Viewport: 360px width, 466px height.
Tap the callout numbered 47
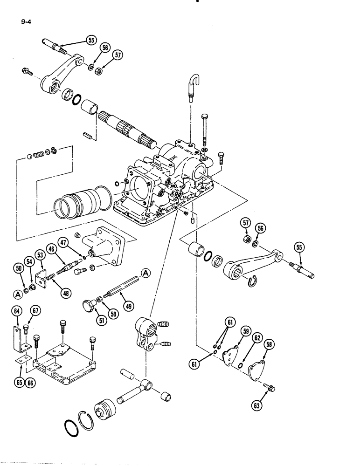point(64,242)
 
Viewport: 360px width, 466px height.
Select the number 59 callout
point(248,332)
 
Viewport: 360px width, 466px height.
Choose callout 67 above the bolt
point(35,311)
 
